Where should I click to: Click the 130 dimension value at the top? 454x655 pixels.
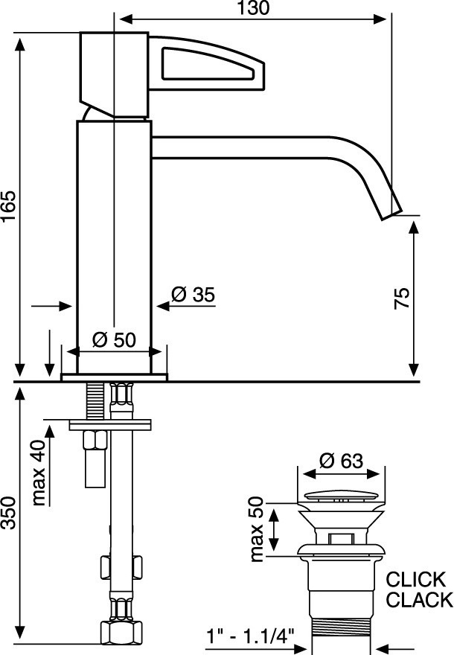(254, 8)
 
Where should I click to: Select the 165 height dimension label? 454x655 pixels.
(9, 206)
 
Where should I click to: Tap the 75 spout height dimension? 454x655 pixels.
(402, 298)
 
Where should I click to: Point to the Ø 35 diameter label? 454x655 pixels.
(193, 295)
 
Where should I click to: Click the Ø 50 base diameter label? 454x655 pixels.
(114, 339)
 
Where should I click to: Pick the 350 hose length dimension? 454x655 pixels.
(9, 513)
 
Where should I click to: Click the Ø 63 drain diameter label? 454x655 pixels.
(341, 461)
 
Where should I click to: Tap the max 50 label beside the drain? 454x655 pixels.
(258, 529)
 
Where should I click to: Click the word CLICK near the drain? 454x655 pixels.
(416, 580)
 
